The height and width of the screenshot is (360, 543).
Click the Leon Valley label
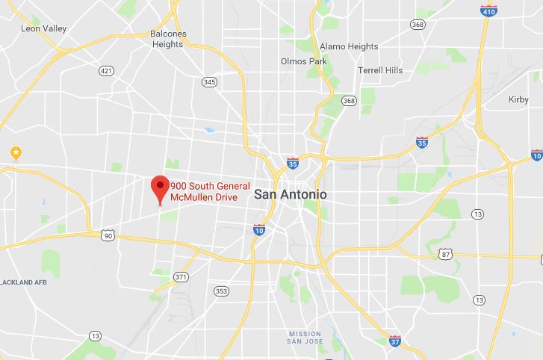click(44, 28)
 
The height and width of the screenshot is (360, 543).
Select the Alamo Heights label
click(348, 46)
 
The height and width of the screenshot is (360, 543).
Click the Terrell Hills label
click(380, 70)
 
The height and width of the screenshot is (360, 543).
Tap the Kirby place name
click(518, 99)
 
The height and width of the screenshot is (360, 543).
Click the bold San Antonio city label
click(291, 194)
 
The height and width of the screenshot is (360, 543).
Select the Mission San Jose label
click(305, 338)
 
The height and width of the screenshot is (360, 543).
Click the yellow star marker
click(16, 152)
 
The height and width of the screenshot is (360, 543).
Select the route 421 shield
click(107, 71)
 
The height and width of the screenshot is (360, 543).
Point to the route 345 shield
click(209, 81)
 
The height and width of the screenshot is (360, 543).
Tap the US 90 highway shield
click(108, 236)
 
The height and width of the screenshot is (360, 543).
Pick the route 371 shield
click(180, 276)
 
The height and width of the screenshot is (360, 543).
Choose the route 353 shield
click(220, 291)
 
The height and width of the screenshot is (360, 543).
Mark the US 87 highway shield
click(446, 255)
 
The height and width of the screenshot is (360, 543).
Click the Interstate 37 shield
click(395, 341)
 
